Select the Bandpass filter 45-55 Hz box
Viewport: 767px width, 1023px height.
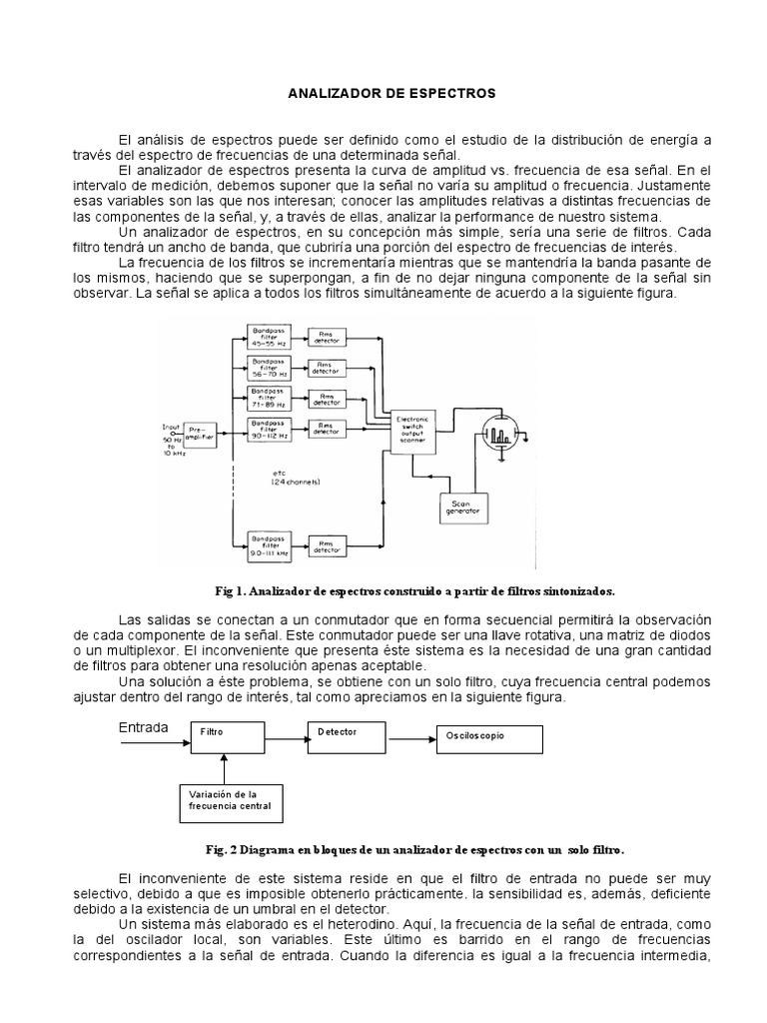pos(269,337)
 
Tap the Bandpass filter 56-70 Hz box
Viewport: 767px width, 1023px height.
pos(269,367)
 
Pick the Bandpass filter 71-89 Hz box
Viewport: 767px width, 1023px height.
pos(269,398)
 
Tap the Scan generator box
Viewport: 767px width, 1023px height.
pos(460,507)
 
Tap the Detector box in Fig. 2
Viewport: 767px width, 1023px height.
pos(347,734)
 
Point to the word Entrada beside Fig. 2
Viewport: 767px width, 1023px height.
pos(144,725)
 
